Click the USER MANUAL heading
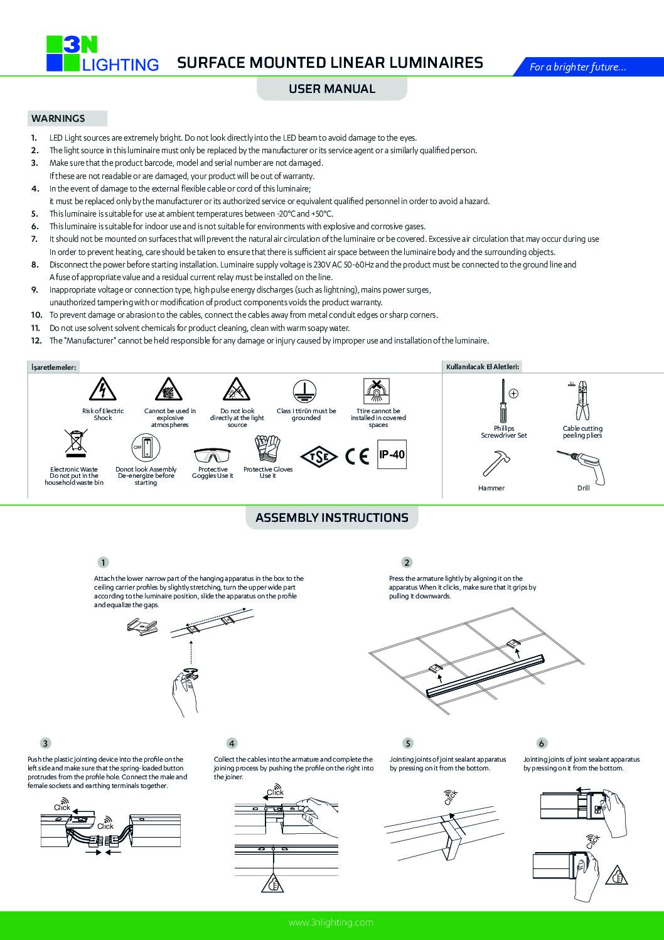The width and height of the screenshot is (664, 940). [x=331, y=89]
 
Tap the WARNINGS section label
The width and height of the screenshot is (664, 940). [x=58, y=118]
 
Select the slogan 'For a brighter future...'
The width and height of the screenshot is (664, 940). [x=577, y=67]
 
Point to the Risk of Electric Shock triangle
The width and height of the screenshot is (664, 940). [x=103, y=391]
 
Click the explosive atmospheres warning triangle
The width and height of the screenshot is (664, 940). [x=169, y=391]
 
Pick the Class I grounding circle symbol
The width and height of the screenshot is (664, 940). [x=306, y=391]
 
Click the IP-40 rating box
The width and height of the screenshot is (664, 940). [x=392, y=453]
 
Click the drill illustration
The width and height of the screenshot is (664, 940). [x=582, y=466]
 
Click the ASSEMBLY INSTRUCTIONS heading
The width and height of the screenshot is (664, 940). [x=331, y=517]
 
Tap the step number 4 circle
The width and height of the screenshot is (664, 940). [x=232, y=743]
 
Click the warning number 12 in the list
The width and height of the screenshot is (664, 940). [x=36, y=340]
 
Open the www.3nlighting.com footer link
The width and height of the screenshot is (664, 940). [x=331, y=922]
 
